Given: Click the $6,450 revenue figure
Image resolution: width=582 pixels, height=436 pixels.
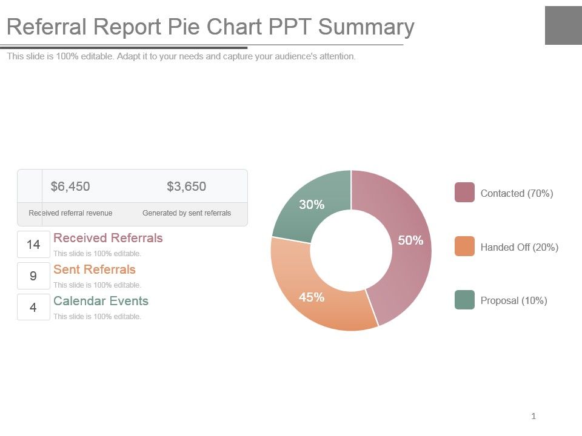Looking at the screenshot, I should click(70, 187).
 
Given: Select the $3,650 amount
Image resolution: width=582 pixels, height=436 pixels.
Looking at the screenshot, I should click(186, 187).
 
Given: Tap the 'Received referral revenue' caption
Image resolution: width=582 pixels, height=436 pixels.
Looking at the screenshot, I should click(70, 213).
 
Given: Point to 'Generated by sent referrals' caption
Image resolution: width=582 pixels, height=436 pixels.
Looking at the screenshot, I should click(186, 213).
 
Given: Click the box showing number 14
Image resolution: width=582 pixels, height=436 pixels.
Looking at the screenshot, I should click(33, 245).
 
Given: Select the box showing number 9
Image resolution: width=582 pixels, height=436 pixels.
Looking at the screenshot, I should click(33, 276).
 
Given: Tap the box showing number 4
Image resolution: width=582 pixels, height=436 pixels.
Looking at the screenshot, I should click(33, 308).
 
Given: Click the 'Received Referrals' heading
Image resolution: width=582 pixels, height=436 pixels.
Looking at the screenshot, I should click(108, 238).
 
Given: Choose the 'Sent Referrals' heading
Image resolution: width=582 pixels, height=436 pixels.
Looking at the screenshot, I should click(95, 269).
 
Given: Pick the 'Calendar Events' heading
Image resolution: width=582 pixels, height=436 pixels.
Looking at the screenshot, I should click(101, 301).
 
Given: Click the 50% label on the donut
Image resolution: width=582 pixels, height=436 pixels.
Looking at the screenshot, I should click(410, 240).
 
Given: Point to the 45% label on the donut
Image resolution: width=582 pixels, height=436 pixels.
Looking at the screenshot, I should click(312, 297).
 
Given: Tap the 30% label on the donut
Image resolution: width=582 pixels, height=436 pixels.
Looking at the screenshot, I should click(312, 205).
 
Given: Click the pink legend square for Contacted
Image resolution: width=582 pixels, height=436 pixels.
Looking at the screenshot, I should click(464, 193).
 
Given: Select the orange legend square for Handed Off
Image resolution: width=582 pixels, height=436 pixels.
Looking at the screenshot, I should click(464, 246).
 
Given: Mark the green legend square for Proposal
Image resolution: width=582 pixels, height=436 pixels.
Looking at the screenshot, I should click(464, 300).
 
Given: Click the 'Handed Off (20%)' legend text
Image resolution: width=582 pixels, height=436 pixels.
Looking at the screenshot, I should click(519, 247).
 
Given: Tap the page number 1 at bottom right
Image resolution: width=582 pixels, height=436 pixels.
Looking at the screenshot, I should click(533, 416).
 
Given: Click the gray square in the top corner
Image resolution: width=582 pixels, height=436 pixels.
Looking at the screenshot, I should click(563, 25).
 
